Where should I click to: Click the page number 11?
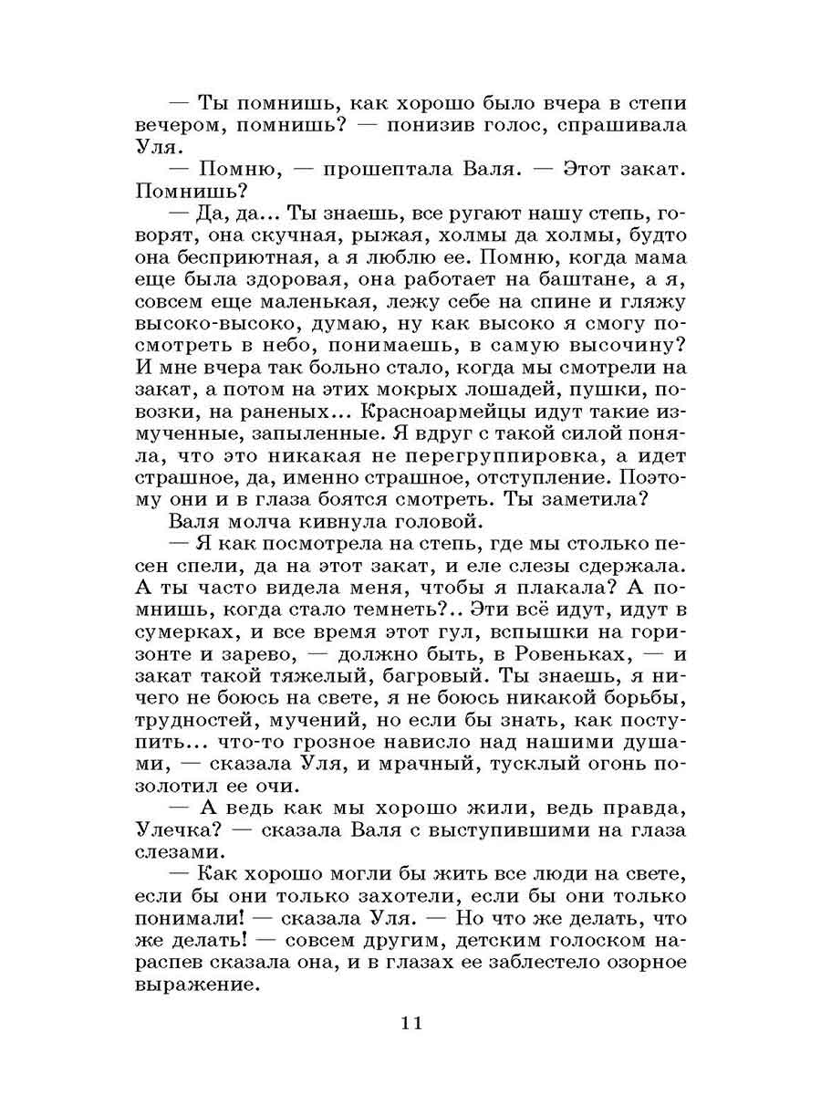[x=410, y=1022]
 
